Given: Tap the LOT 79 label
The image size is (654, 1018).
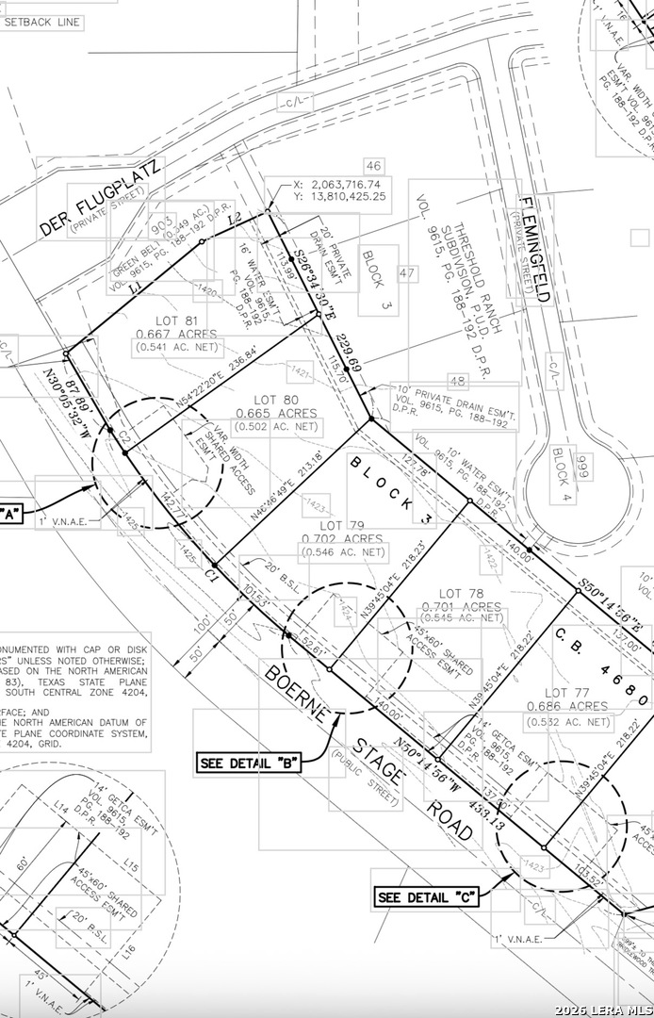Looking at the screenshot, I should click(x=342, y=525).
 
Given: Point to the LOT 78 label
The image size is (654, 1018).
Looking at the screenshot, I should click(x=461, y=593).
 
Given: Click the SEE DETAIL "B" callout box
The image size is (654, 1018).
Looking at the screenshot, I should click(x=249, y=763).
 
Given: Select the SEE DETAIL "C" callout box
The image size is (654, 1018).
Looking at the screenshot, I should click(x=427, y=897).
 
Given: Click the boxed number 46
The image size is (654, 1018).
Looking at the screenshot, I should click(x=374, y=167).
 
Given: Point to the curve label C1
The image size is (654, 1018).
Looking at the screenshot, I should click(x=211, y=573).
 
